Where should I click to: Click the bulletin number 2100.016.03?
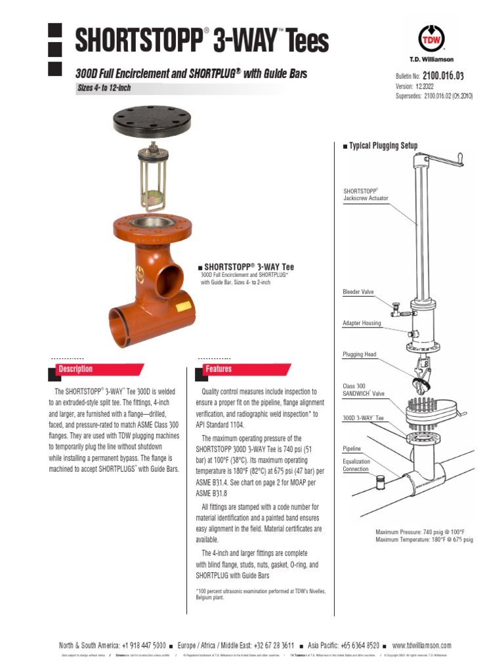pos(447,76)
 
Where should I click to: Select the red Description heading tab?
pos(75,369)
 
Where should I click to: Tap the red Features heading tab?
pos(219,369)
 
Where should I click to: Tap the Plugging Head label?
pos(360,354)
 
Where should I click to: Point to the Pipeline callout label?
pos(352,449)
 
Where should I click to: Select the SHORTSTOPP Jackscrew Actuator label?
pos(366,194)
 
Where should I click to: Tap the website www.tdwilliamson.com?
pos(421,645)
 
